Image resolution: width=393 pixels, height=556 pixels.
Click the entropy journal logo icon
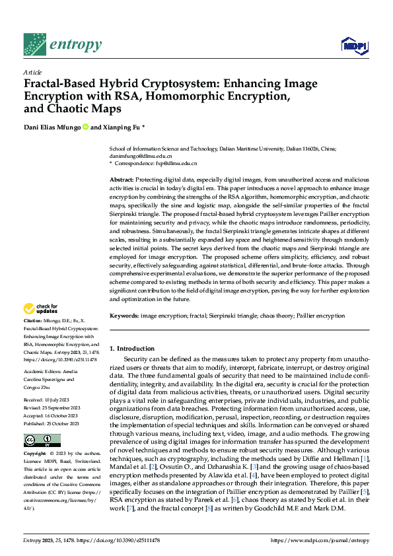34,44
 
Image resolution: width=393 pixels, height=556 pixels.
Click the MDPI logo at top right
353,45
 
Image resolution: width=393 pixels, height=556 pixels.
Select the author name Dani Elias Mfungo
52,127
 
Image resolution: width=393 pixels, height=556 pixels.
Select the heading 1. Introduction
132,348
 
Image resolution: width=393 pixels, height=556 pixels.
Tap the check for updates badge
42,308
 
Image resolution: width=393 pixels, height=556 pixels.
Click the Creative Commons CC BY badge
42,440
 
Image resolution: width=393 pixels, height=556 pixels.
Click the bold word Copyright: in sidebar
36,454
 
